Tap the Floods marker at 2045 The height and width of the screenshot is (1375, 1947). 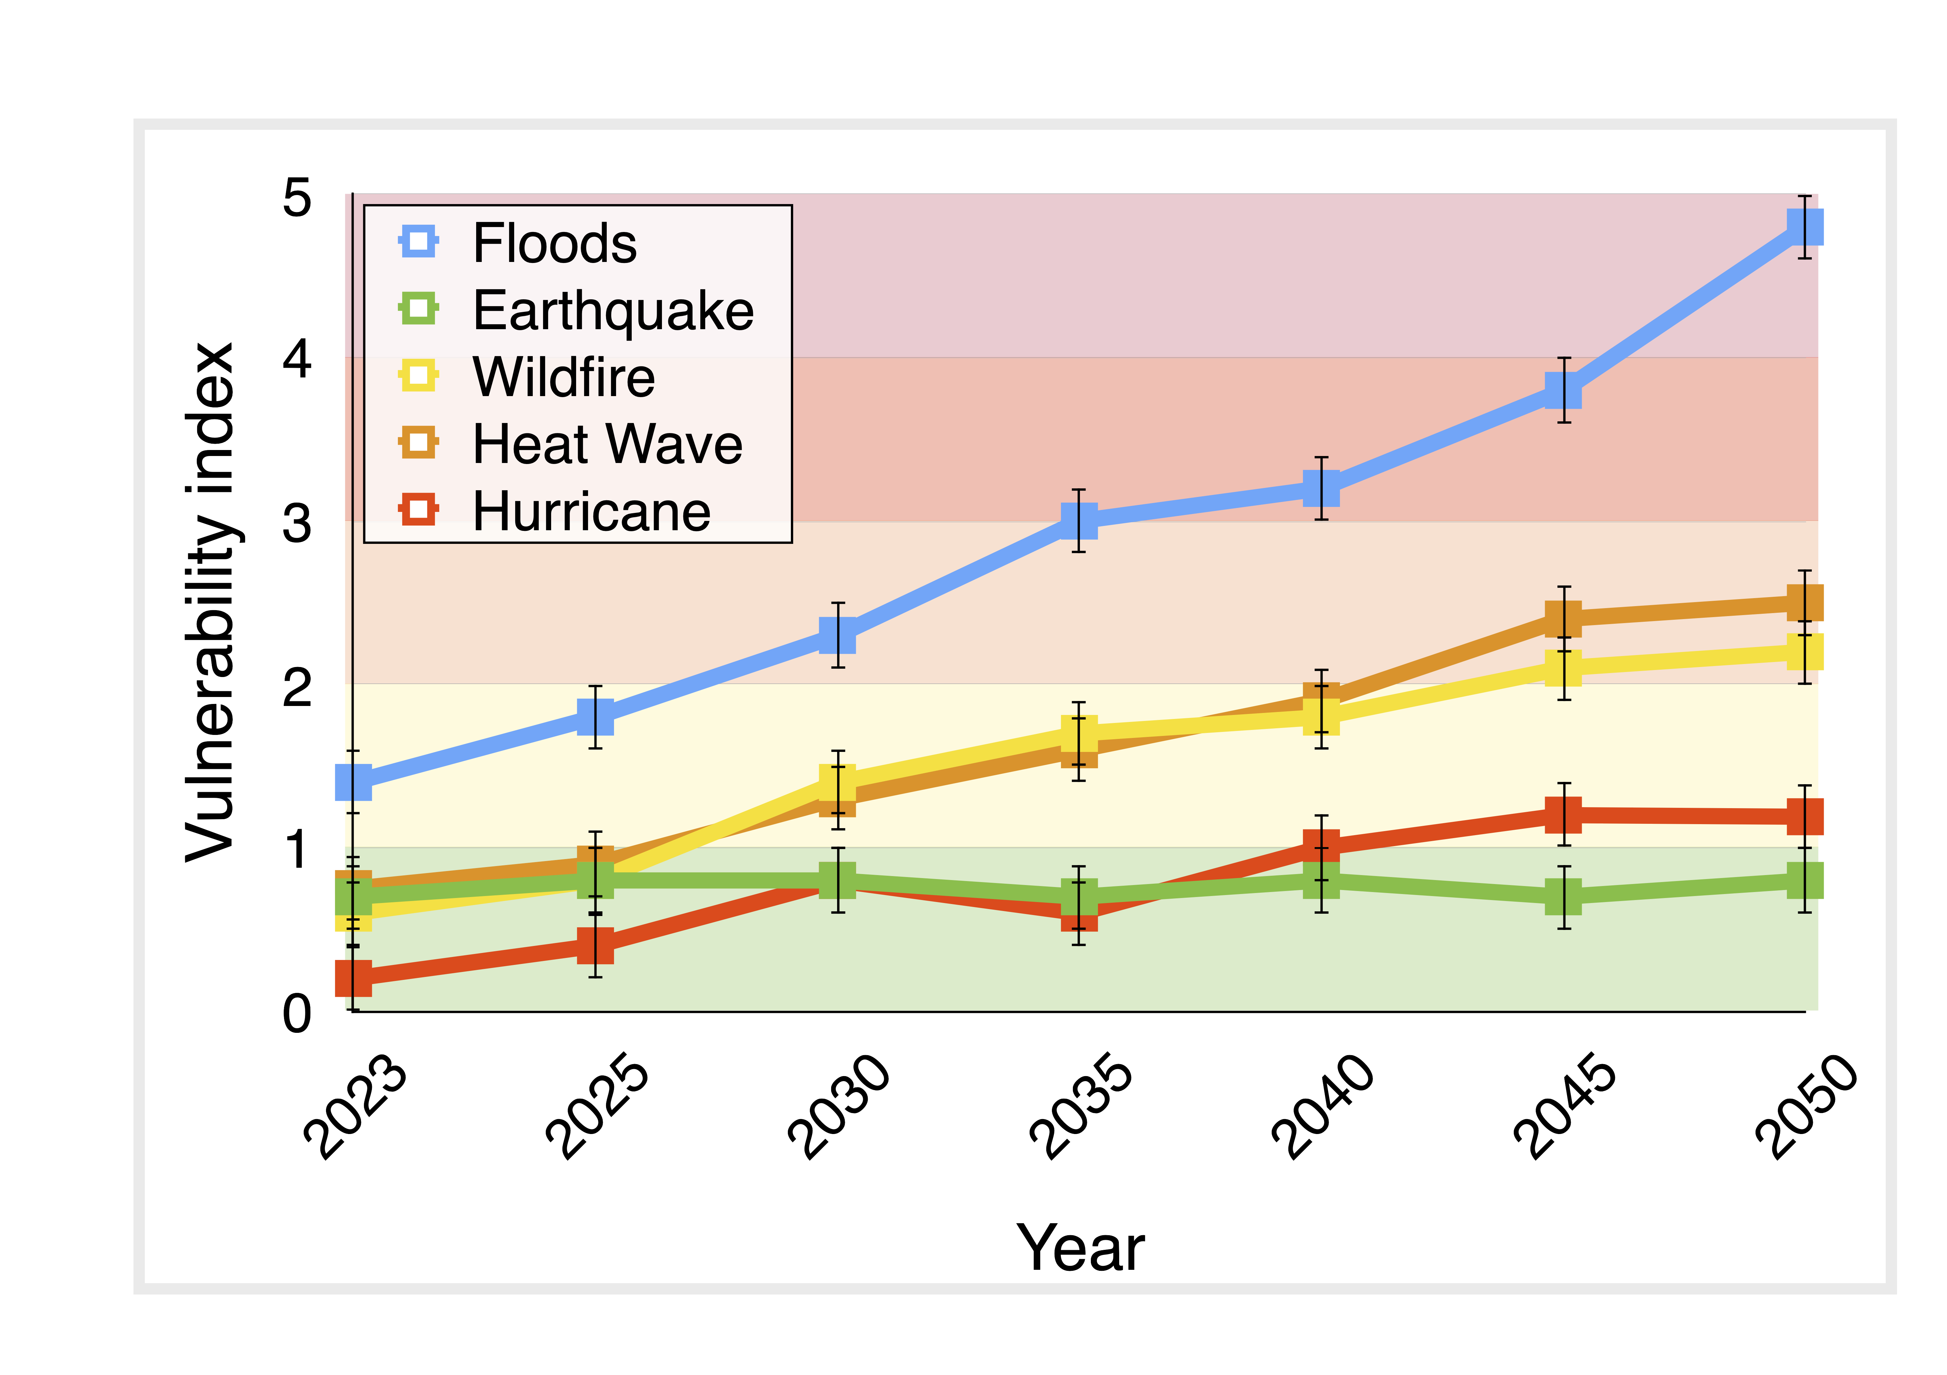(x=1563, y=391)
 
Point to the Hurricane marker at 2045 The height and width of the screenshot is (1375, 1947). (x=1563, y=815)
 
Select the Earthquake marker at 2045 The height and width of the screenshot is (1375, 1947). (x=1563, y=896)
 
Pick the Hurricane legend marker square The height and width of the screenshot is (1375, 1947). (x=418, y=510)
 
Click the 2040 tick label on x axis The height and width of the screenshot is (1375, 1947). (x=1323, y=1106)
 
